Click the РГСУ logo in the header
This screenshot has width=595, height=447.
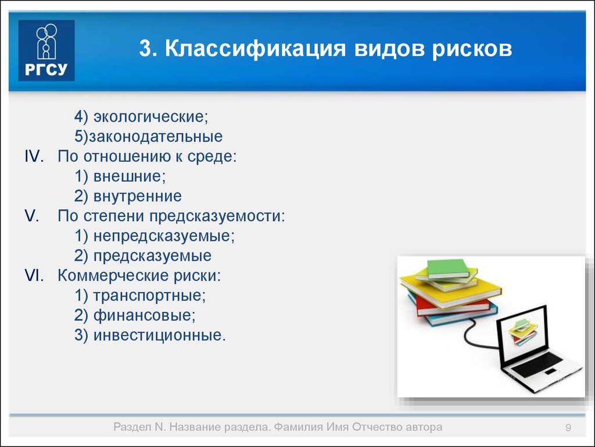[x=46, y=50]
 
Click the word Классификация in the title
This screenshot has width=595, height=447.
[x=256, y=48]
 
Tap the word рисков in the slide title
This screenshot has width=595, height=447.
[x=472, y=49]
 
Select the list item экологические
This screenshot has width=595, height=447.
[x=151, y=116]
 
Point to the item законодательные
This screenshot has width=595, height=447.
[x=156, y=136]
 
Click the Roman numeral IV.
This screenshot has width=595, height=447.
[x=34, y=156]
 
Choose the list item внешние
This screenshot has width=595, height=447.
[x=130, y=176]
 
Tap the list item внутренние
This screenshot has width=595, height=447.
[x=137, y=196]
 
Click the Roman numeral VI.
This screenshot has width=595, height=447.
[x=34, y=275]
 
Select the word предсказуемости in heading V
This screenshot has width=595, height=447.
[x=217, y=217]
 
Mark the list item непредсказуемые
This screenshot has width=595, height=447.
[x=164, y=236]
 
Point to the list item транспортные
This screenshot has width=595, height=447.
[x=149, y=295]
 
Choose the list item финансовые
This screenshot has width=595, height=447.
[x=145, y=315]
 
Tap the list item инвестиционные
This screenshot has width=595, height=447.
[x=159, y=335]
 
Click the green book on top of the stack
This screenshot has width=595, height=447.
[x=448, y=269]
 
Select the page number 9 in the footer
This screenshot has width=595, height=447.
[x=568, y=428]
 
